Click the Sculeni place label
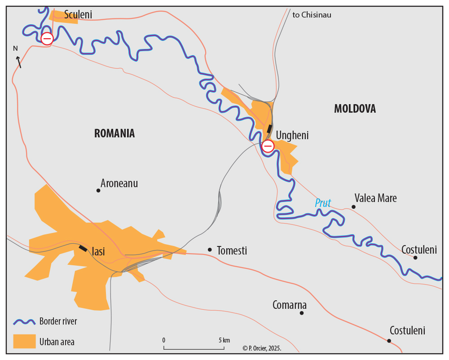[x=78, y=15]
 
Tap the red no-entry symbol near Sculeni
[x=47, y=39]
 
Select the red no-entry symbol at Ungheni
[x=268, y=146]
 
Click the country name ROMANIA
[x=114, y=133]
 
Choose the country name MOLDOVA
[x=355, y=109]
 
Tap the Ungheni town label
[x=292, y=135]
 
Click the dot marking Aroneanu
[x=98, y=190]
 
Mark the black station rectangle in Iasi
[x=84, y=248]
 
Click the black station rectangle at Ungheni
[x=269, y=128]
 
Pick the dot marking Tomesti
[x=210, y=250]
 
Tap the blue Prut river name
[x=322, y=203]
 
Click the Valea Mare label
[x=375, y=198]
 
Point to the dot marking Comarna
[x=302, y=313]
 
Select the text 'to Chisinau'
[x=312, y=15]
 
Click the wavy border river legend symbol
[x=24, y=321]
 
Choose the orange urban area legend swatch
[x=24, y=342]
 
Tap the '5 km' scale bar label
[x=224, y=340]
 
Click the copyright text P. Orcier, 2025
[x=261, y=348]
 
